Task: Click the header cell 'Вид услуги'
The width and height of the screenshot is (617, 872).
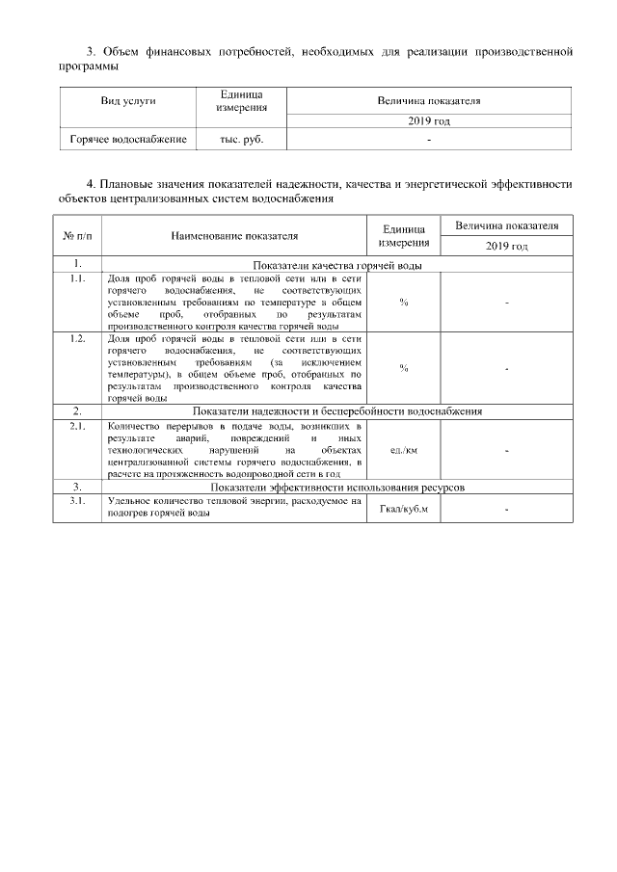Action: tap(128, 100)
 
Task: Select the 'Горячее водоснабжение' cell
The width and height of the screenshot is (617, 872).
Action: tap(128, 140)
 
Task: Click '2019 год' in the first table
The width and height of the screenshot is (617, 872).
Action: tap(429, 121)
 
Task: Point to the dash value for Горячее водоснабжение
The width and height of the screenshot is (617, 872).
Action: tap(429, 141)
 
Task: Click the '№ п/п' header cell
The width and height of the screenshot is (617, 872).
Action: tap(76, 235)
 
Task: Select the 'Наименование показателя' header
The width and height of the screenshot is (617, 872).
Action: tap(234, 235)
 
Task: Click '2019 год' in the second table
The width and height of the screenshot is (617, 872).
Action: tap(506, 247)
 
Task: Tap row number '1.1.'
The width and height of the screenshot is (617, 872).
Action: tap(76, 279)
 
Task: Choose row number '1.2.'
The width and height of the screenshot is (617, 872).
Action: tap(76, 339)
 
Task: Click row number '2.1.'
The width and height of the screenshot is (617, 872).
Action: tap(76, 425)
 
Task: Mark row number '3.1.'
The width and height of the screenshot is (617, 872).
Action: tap(76, 502)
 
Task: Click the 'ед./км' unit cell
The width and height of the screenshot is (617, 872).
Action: tap(403, 450)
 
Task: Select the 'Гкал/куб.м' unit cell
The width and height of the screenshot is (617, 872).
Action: tap(403, 509)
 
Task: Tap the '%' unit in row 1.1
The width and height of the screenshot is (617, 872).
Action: tap(403, 303)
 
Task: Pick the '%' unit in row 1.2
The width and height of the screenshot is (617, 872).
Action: tap(403, 368)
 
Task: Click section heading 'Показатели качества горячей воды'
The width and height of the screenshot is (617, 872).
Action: tap(339, 265)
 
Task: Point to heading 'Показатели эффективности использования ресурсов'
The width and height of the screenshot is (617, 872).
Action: tap(337, 489)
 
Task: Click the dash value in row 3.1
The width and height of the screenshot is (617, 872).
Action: tap(506, 509)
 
